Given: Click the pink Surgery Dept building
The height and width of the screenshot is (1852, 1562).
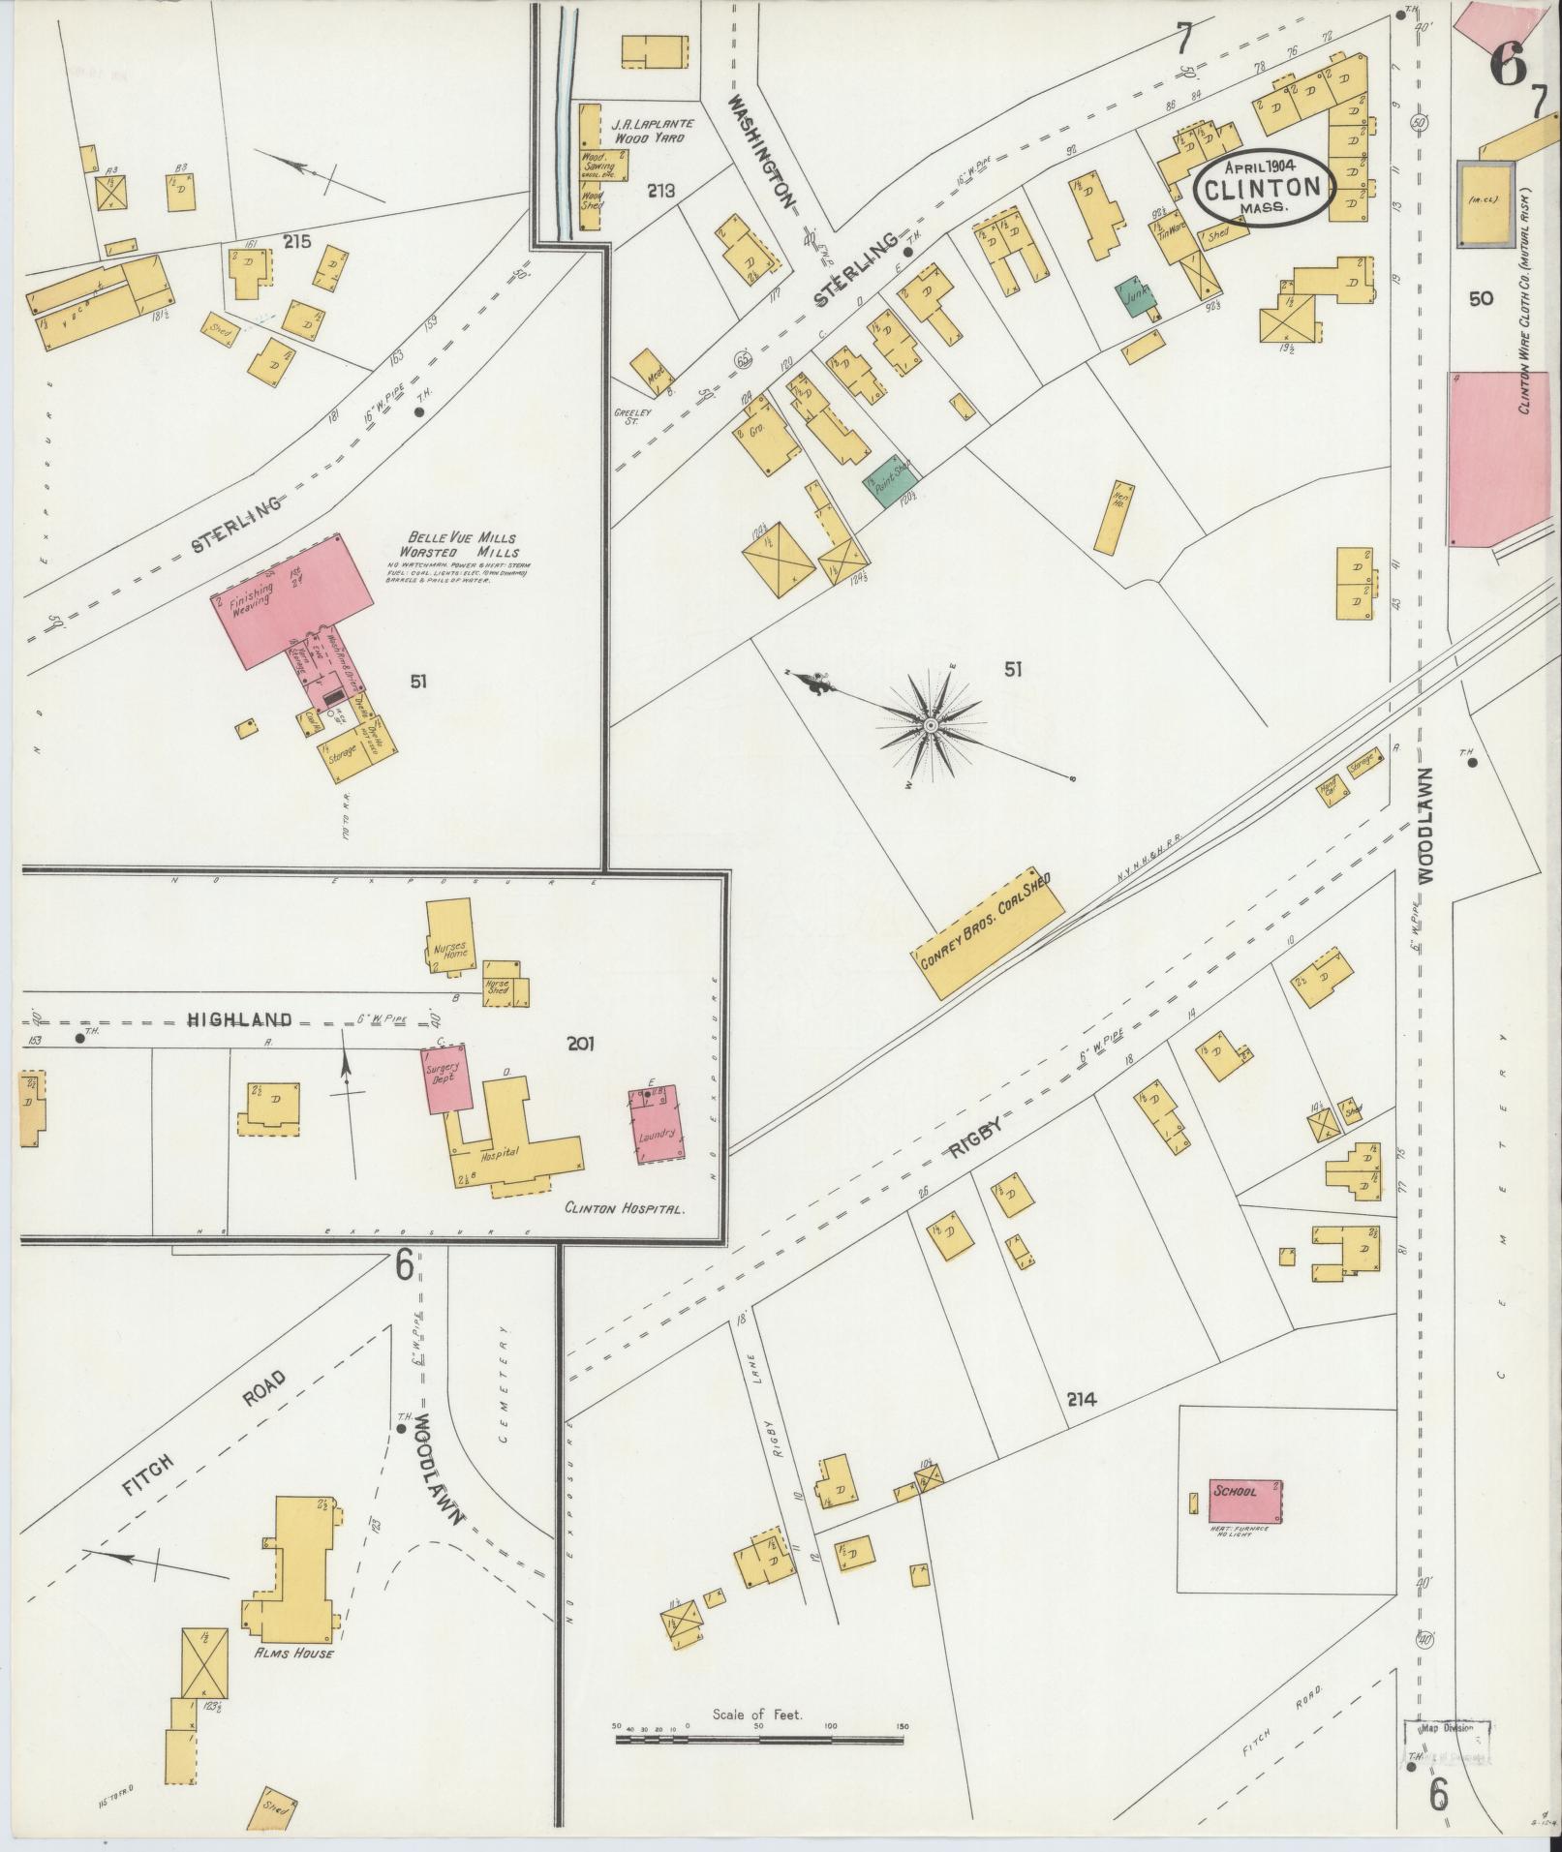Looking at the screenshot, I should (x=446, y=1078).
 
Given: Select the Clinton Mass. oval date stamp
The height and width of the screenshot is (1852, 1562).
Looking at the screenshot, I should (x=1262, y=188).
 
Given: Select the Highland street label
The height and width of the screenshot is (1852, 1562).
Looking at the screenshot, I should (x=239, y=1018).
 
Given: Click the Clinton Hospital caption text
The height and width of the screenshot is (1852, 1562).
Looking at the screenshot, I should (x=626, y=1209).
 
